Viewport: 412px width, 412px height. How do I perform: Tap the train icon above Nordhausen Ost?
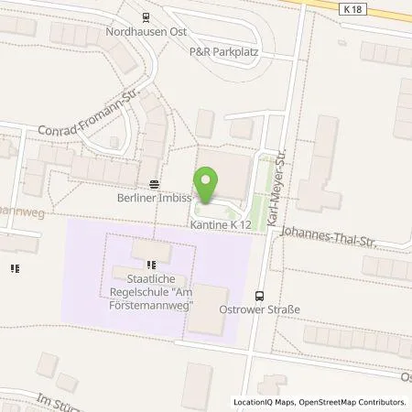click(145, 16)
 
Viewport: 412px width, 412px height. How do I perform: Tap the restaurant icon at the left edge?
click(15, 267)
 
